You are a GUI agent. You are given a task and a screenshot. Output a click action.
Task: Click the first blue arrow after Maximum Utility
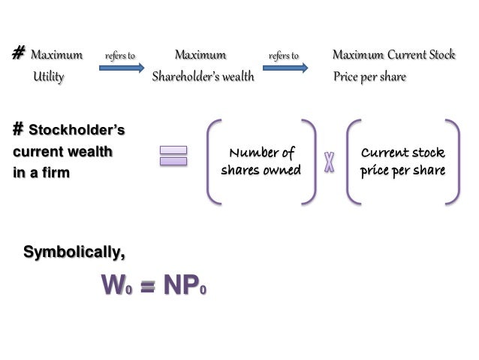pyautogui.click(x=122, y=68)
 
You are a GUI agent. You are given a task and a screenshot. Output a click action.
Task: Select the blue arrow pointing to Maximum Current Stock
pyautogui.click(x=285, y=68)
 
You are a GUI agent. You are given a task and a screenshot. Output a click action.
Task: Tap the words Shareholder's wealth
pyautogui.click(x=203, y=77)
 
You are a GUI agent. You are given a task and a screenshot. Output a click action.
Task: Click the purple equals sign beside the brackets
pyautogui.click(x=173, y=156)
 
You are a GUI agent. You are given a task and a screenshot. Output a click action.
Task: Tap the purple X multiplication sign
pyautogui.click(x=328, y=162)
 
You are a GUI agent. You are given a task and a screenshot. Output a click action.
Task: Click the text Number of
pyautogui.click(x=261, y=154)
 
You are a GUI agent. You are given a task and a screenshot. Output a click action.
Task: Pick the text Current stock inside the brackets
pyautogui.click(x=402, y=154)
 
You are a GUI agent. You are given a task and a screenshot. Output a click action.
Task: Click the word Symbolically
pyautogui.click(x=74, y=252)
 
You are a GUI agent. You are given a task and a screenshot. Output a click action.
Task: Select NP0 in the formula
pyautogui.click(x=181, y=286)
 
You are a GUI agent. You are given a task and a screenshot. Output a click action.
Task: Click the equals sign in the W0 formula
pyautogui.click(x=148, y=288)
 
